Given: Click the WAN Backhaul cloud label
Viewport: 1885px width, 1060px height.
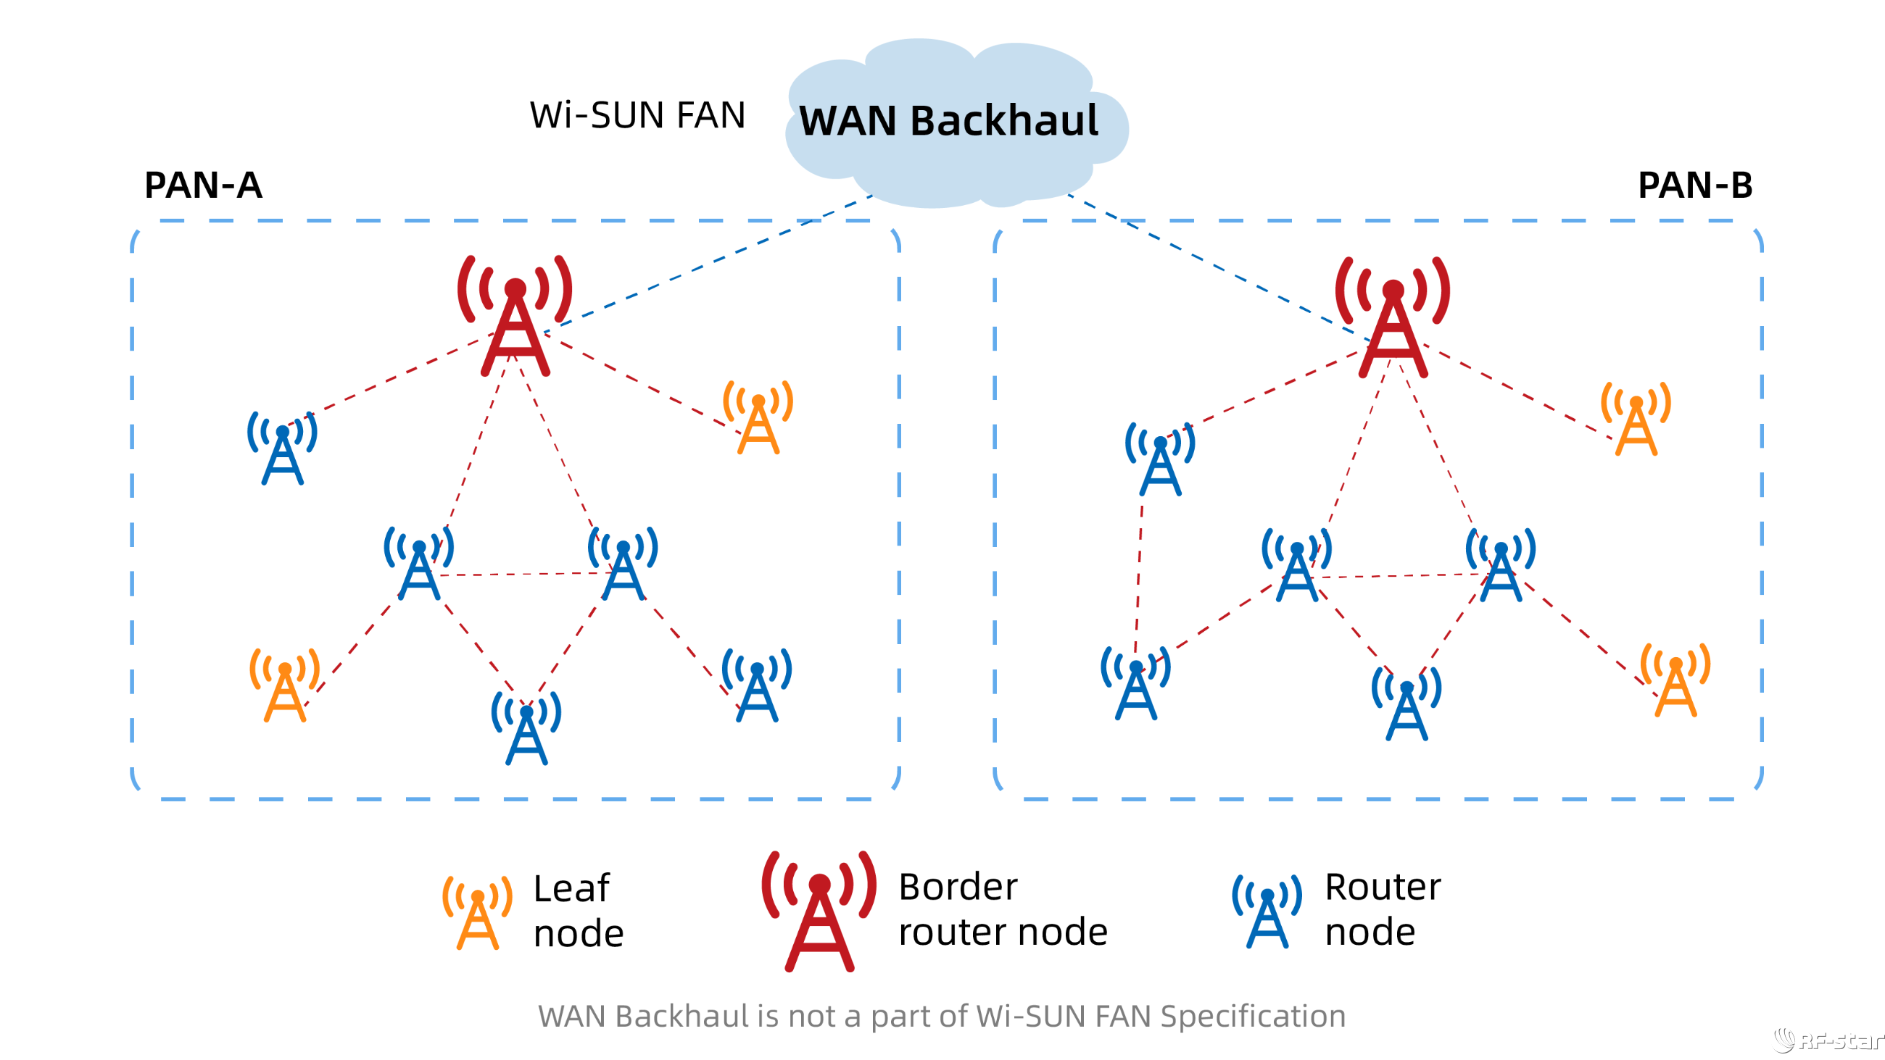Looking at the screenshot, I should point(948,121).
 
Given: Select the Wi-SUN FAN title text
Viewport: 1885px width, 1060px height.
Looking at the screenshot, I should point(637,116).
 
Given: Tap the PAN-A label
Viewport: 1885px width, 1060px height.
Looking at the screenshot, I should point(203,185).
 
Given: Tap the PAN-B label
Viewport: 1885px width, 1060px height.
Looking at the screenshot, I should point(1695,185).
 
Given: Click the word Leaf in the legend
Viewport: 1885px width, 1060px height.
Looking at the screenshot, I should point(571,889).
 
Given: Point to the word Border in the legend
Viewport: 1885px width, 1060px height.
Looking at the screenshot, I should point(957,888).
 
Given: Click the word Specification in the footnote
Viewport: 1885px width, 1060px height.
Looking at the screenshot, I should point(1253,1016).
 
